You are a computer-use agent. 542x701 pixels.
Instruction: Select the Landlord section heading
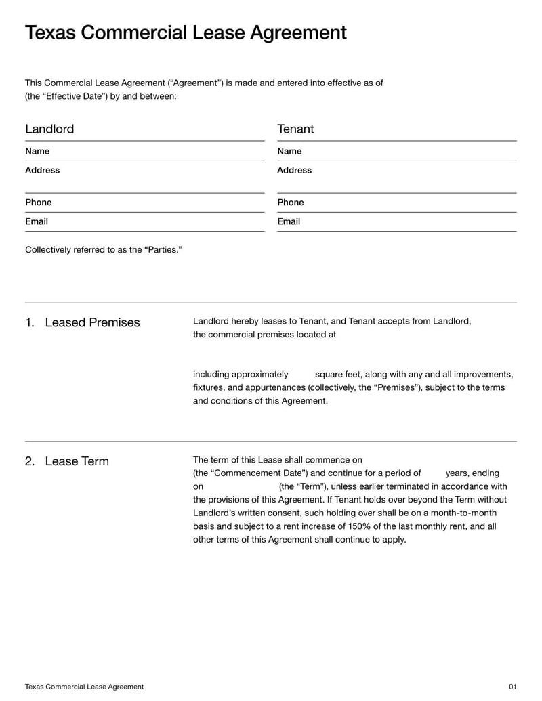pos(49,129)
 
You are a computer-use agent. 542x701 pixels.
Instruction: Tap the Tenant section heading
pos(295,129)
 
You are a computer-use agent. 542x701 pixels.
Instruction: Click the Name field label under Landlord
pos(37,151)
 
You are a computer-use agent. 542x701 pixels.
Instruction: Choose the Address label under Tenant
pos(294,170)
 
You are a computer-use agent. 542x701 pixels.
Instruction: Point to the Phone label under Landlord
pos(38,203)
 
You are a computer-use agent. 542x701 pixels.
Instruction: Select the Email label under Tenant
pos(289,221)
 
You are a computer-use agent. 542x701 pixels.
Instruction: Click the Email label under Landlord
pos(37,221)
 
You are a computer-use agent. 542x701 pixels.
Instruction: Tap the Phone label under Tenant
pos(290,203)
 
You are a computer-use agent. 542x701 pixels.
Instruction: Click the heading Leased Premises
pos(92,322)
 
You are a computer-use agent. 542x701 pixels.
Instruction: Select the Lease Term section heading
pos(77,461)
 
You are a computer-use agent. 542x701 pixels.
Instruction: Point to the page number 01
pos(512,687)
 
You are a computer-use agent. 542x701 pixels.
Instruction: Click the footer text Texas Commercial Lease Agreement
pos(84,687)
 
